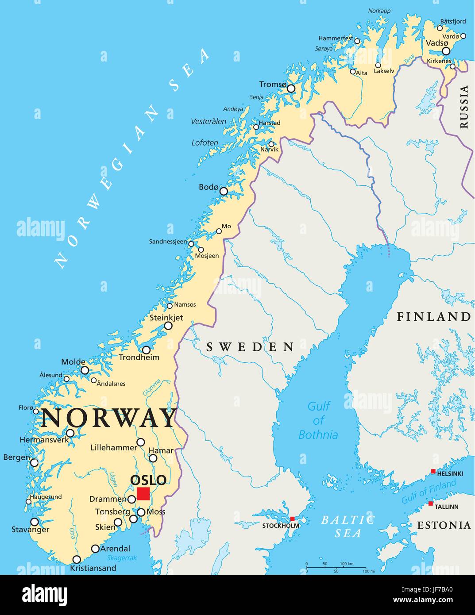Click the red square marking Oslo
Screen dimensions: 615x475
(x=143, y=494)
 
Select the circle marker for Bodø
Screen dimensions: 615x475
(x=224, y=191)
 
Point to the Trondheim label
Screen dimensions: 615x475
(x=139, y=357)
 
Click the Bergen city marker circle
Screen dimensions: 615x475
(x=35, y=463)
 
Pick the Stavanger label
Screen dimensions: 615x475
(x=30, y=530)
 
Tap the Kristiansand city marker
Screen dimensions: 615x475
(x=77, y=559)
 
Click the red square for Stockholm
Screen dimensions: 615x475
(x=292, y=519)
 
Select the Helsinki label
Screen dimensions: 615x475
(x=450, y=473)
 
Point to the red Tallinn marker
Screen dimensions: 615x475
(x=431, y=504)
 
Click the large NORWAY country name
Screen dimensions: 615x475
(x=108, y=418)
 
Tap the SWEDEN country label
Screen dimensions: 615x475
(x=250, y=347)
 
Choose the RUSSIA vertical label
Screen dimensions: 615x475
(x=464, y=107)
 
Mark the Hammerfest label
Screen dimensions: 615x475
(x=336, y=38)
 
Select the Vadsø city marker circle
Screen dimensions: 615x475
(x=446, y=51)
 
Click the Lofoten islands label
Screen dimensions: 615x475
(x=205, y=142)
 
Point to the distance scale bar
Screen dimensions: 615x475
(x=336, y=567)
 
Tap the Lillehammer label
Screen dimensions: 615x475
(x=114, y=447)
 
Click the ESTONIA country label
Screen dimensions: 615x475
(x=444, y=525)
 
